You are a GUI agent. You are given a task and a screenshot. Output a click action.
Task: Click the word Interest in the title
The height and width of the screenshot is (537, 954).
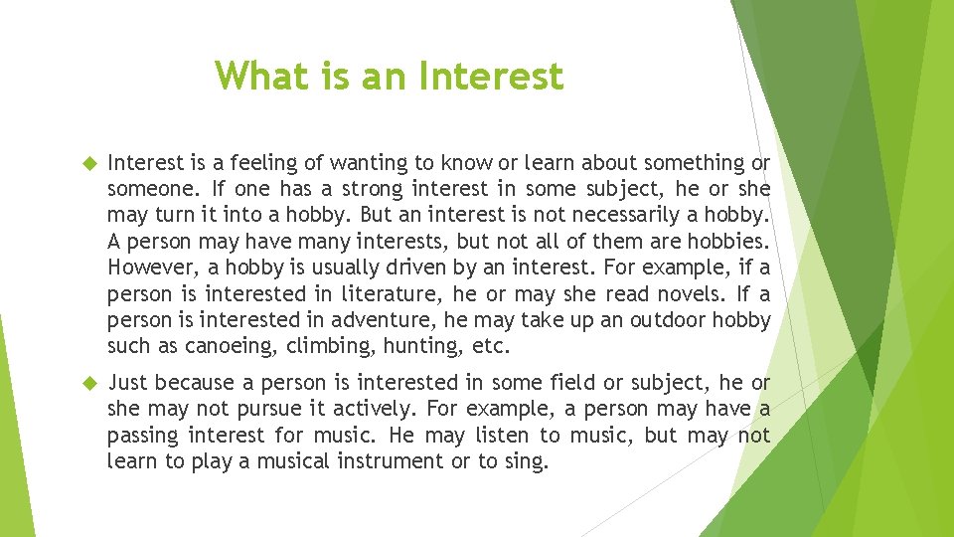[492, 76]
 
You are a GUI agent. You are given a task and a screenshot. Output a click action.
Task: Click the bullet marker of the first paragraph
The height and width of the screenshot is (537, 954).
[86, 162]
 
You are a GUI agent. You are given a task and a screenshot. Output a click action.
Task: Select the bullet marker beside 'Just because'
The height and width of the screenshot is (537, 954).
[86, 383]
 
